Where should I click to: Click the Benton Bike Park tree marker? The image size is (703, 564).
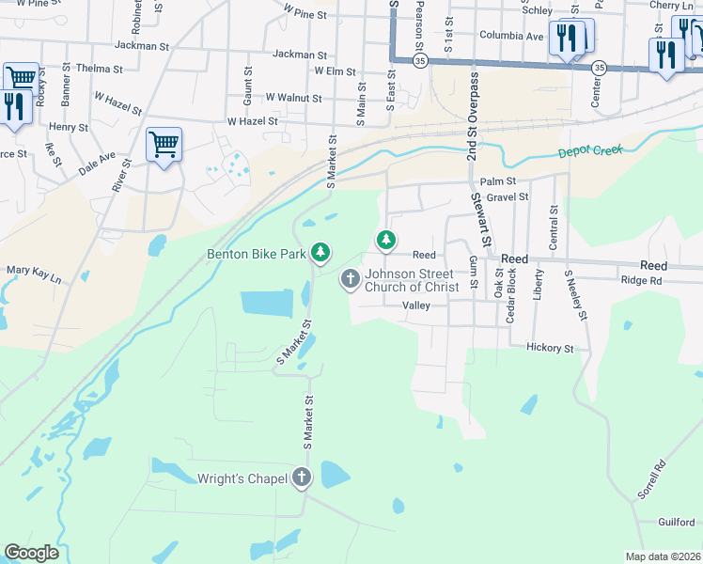pos(321,252)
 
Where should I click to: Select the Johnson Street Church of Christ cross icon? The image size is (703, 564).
pos(350,277)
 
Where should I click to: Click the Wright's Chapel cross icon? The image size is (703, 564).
pos(302,478)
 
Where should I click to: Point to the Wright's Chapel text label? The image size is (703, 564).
pos(242,478)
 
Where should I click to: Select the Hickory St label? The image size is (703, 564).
pos(550,348)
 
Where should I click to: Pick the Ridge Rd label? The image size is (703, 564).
pos(641,280)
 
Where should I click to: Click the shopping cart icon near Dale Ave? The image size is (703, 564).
pos(164,146)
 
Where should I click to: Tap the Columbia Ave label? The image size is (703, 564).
pos(511,37)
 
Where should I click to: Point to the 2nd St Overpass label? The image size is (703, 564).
pos(472,116)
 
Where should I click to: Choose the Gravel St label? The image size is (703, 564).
pos(508,197)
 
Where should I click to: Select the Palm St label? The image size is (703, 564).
pos(498,180)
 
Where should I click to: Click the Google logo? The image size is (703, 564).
pos(31,553)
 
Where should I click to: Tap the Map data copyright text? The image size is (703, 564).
pos(664,556)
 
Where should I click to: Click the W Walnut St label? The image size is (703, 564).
pos(293,97)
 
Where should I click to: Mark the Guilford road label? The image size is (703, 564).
pos(676,523)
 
